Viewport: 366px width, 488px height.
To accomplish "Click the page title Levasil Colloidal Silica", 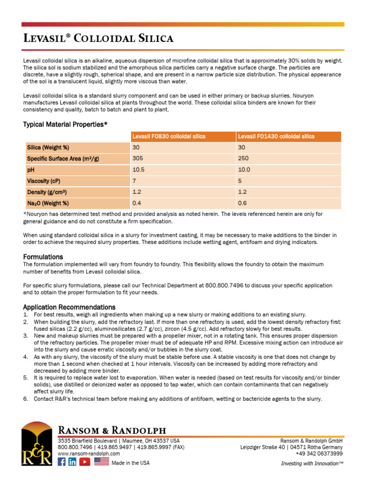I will pos(99,38).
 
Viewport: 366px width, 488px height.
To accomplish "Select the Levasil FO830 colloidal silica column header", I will pos(169,136).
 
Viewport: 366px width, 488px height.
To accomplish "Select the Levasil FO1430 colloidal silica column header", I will pos(276,136).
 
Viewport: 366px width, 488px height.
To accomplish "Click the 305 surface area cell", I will pos(137,159).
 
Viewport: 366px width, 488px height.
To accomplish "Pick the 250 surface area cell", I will pos(243,159).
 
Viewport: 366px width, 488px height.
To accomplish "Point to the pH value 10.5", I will pos(138,170).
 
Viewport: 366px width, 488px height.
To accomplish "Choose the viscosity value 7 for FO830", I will pos(134,181).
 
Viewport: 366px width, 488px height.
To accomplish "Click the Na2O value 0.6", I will pos(242,203).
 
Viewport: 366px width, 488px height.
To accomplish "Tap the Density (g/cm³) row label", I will pos(47,192).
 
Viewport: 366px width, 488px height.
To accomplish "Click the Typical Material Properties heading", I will pos(65,124).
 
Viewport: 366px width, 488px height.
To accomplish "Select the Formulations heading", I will pos(43,257).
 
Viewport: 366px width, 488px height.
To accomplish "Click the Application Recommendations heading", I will pos(69,307).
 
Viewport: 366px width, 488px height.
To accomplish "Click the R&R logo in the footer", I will pos(37,444).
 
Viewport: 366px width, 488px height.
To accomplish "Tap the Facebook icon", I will pos(61,462).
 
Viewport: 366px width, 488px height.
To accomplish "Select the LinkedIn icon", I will pos(72,462).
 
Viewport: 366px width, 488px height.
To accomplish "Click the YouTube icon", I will pos(85,462).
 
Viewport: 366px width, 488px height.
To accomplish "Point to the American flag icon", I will pos(102,462).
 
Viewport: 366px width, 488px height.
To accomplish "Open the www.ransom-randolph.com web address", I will pos(89,454).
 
